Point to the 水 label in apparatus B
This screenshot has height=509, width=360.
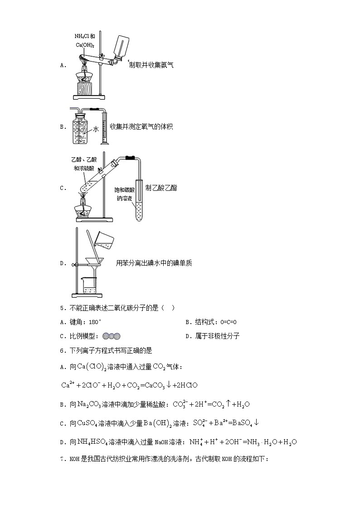96,129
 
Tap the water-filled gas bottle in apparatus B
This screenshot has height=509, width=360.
81,129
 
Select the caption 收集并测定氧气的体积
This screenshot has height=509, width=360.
141,127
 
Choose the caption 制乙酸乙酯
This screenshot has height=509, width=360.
161,188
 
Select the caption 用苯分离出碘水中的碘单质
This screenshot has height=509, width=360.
154,263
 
